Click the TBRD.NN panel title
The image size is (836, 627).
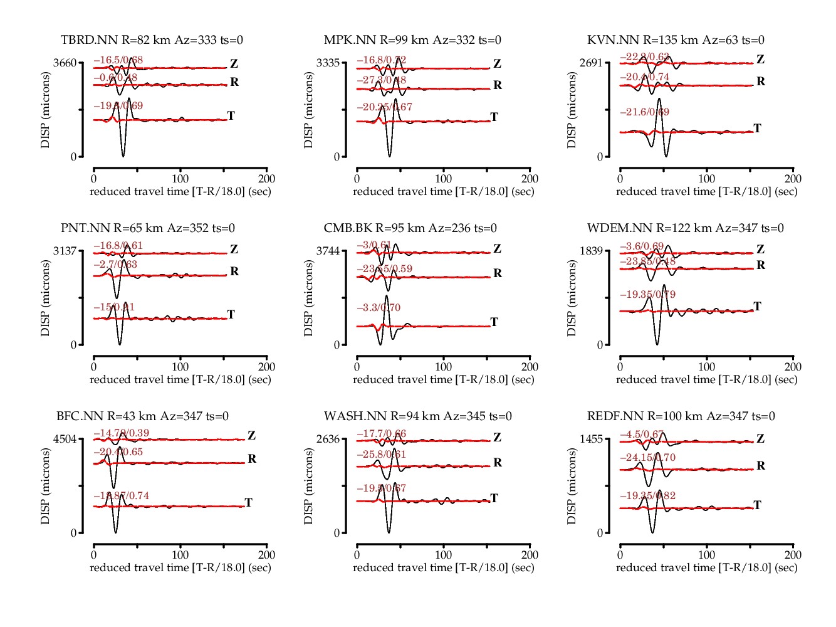coord(152,40)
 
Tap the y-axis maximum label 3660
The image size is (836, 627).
coord(65,63)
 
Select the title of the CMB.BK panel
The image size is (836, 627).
coord(410,228)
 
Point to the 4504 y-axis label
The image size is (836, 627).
coord(65,439)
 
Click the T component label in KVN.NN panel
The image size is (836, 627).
coord(757,129)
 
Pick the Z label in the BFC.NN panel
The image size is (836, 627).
coord(251,436)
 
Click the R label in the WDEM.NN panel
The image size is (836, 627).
coord(761,265)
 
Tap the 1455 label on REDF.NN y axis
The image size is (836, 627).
coord(591,439)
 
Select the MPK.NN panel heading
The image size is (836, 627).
coord(412,40)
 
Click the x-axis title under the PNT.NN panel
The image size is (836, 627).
coord(180,379)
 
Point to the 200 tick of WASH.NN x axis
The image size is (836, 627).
coord(530,555)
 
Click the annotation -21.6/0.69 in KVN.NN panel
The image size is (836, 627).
coord(645,112)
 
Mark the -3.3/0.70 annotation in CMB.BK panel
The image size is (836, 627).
coord(379,308)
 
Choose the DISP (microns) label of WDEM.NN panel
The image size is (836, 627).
coord(571,298)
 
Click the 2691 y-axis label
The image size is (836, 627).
coord(591,63)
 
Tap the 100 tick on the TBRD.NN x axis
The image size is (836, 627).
coord(180,179)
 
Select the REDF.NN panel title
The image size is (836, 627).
coord(681,416)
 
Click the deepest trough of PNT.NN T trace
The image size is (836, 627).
coord(120,344)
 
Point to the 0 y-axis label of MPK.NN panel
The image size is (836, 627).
coord(337,157)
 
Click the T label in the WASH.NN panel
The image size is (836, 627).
coord(494,498)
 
